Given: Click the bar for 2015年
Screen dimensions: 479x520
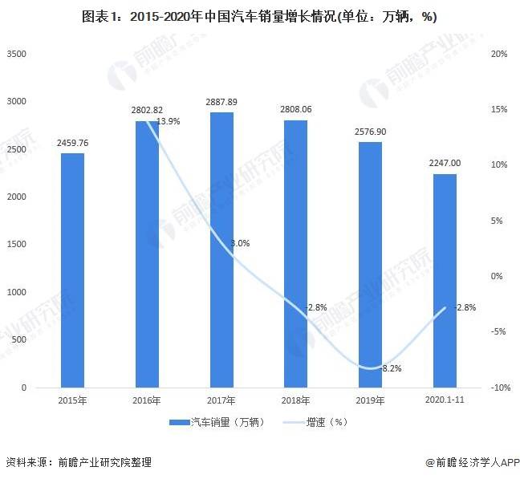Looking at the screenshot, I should point(72,270).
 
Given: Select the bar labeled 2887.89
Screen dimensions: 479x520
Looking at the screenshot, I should point(221,250).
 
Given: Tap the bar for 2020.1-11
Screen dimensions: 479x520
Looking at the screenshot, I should point(445,281).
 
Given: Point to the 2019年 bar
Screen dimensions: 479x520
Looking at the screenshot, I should point(370,265).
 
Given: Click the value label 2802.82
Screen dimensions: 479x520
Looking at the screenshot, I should point(147,109).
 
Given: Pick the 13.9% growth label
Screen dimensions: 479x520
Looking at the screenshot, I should point(168,121).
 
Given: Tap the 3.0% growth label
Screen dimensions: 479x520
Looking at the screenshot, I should point(240,243).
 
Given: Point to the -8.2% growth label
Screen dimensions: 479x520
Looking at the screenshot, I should point(390,368).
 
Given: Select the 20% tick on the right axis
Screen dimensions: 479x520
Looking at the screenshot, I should point(498,54).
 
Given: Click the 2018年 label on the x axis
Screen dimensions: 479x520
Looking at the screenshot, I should point(295,400).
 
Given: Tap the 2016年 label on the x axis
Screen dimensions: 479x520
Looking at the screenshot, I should point(147,400).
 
